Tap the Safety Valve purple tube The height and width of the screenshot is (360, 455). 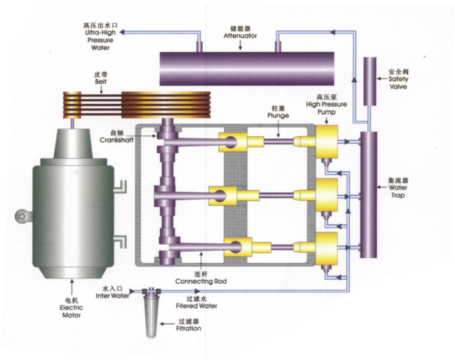point(370,82)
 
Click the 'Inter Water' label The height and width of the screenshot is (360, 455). point(112,295)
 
